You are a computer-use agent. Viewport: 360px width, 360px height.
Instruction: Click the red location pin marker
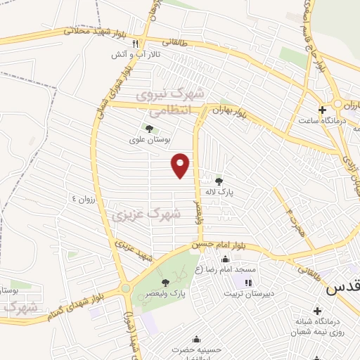coord(181,165)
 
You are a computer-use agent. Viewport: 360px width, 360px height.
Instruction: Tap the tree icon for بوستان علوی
coord(148,127)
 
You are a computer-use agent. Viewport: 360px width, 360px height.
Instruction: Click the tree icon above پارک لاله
coord(219,180)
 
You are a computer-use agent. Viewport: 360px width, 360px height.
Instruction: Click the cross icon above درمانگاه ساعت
coord(322,110)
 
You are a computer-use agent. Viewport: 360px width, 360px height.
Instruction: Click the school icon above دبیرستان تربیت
coord(247,283)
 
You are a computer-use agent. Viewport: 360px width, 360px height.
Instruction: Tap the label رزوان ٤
coord(80,200)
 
